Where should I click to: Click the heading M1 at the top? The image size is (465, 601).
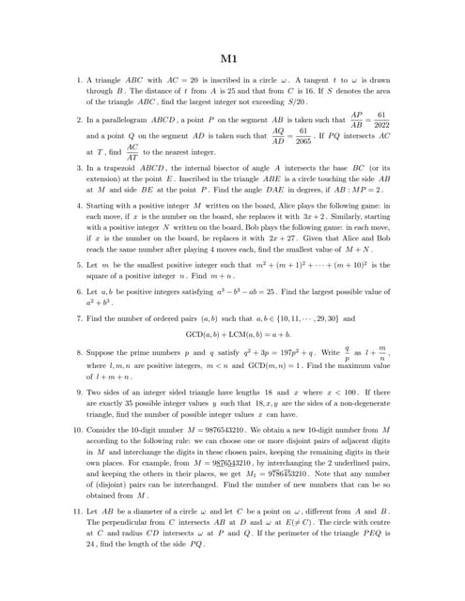[x=232, y=59]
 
